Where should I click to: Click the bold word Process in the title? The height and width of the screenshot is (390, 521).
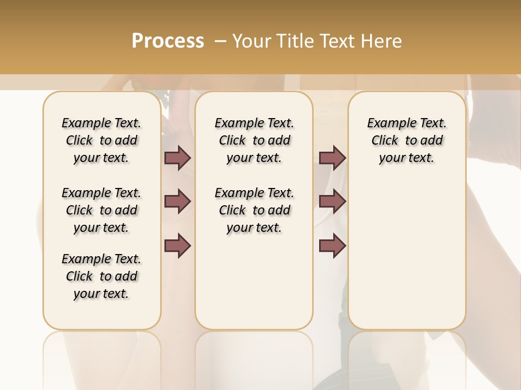pos(168,41)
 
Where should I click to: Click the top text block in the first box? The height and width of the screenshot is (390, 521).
pos(101,140)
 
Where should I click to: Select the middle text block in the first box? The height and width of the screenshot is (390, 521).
pos(101,210)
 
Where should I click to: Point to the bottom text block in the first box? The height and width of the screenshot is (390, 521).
pos(101,276)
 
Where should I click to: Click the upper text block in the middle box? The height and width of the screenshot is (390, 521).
pos(254,140)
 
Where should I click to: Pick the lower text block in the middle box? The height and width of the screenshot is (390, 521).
pos(254,210)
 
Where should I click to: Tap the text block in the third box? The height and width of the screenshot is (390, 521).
pos(406,140)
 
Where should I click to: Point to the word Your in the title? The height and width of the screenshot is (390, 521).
pos(251,41)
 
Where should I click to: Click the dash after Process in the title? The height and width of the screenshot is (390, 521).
pos(220,41)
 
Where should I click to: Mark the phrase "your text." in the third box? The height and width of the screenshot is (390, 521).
pos(406,158)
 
